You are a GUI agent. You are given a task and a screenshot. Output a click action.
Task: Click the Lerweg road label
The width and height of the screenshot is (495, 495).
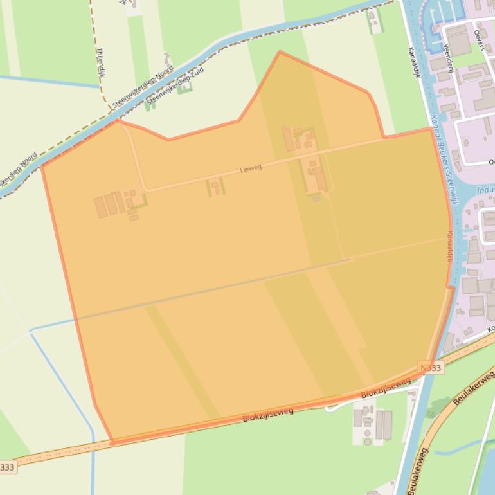tap(251, 168)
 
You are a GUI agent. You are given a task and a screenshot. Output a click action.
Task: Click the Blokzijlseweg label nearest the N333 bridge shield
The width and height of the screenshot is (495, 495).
tap(386, 388)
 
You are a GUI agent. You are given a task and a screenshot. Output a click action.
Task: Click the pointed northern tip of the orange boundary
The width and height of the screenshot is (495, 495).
tap(280, 52)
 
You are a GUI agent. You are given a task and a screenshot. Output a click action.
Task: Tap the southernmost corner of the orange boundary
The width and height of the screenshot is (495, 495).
tap(112, 443)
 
